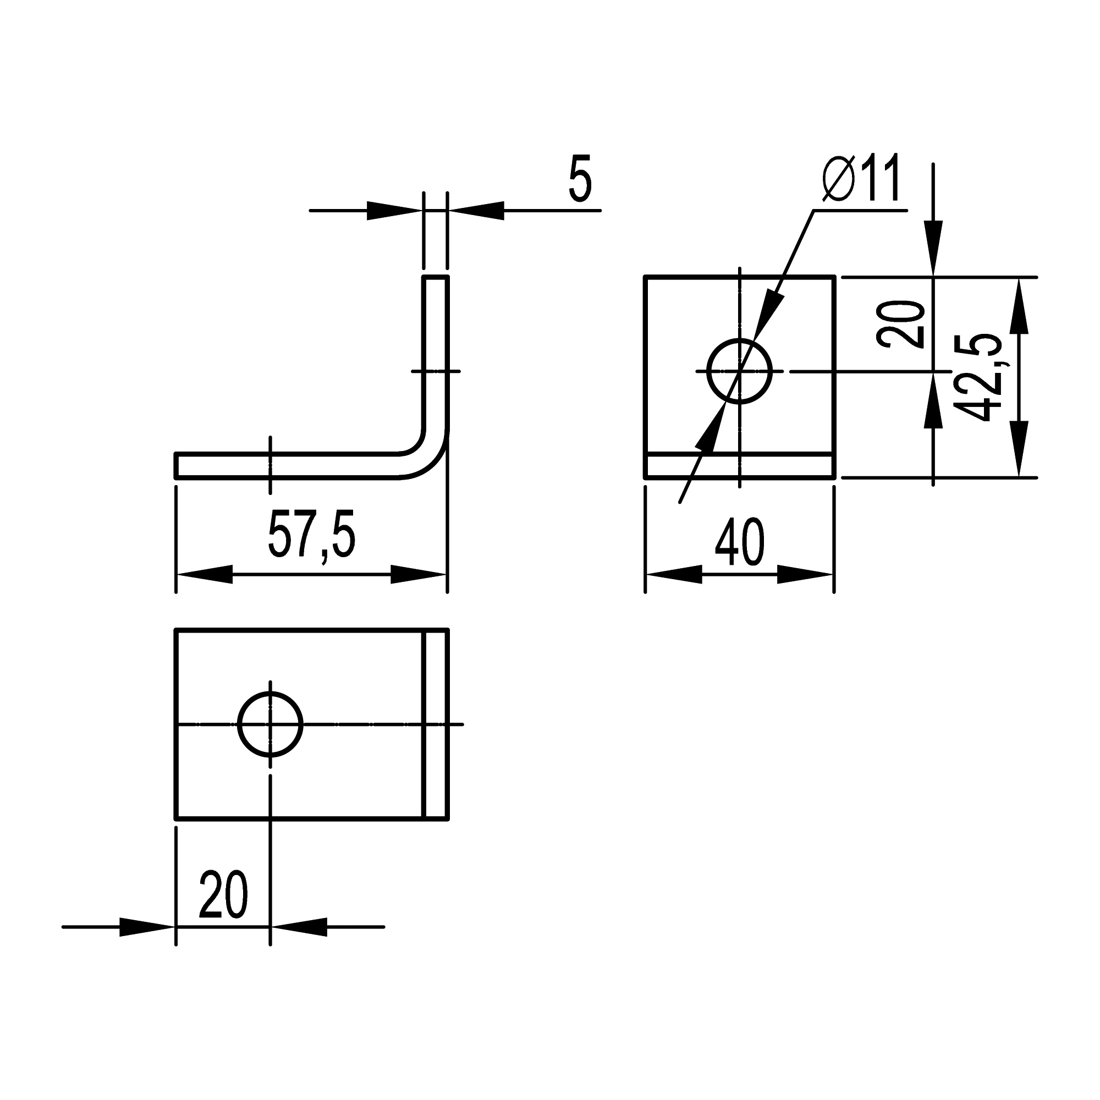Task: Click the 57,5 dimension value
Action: click(311, 536)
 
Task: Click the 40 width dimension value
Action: click(740, 542)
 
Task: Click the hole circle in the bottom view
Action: click(270, 724)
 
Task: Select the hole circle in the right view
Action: click(740, 371)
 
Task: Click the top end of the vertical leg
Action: click(436, 277)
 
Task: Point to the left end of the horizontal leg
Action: click(177, 465)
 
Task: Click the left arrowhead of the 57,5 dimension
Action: click(205, 575)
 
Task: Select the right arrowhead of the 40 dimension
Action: click(805, 575)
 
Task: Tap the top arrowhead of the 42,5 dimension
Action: click(1019, 306)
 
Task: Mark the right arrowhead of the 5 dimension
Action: click(476, 211)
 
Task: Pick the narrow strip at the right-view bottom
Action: click(740, 466)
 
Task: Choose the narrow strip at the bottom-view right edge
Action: click(437, 724)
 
